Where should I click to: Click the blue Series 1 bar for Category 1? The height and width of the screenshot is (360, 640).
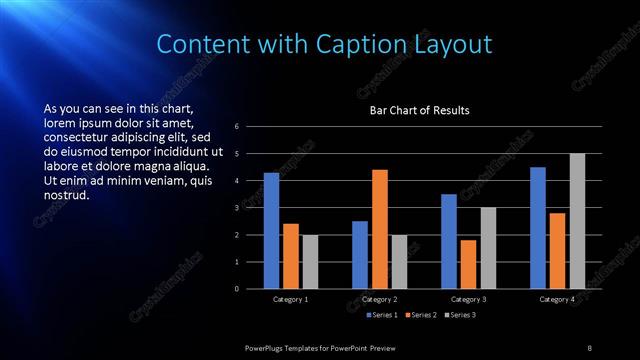271,230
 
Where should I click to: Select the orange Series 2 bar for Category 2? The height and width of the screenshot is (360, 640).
380,229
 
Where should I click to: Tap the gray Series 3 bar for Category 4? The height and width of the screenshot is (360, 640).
577,221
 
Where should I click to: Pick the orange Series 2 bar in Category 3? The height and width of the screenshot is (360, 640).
468,264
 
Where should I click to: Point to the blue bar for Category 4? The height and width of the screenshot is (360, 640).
538,227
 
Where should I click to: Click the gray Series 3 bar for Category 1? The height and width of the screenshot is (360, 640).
310,261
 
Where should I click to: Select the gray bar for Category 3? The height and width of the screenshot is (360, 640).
488,248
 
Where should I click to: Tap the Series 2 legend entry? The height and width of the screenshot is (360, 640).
421,316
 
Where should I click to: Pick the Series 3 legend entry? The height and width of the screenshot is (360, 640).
459,316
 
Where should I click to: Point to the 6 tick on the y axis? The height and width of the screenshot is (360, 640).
236,127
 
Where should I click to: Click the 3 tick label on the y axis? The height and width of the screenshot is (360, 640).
236,208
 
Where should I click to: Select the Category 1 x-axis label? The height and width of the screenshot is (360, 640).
291,299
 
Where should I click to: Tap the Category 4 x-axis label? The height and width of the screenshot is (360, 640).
558,299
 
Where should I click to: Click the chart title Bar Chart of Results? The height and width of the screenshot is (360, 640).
419,110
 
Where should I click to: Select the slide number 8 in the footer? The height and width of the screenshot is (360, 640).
589,347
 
